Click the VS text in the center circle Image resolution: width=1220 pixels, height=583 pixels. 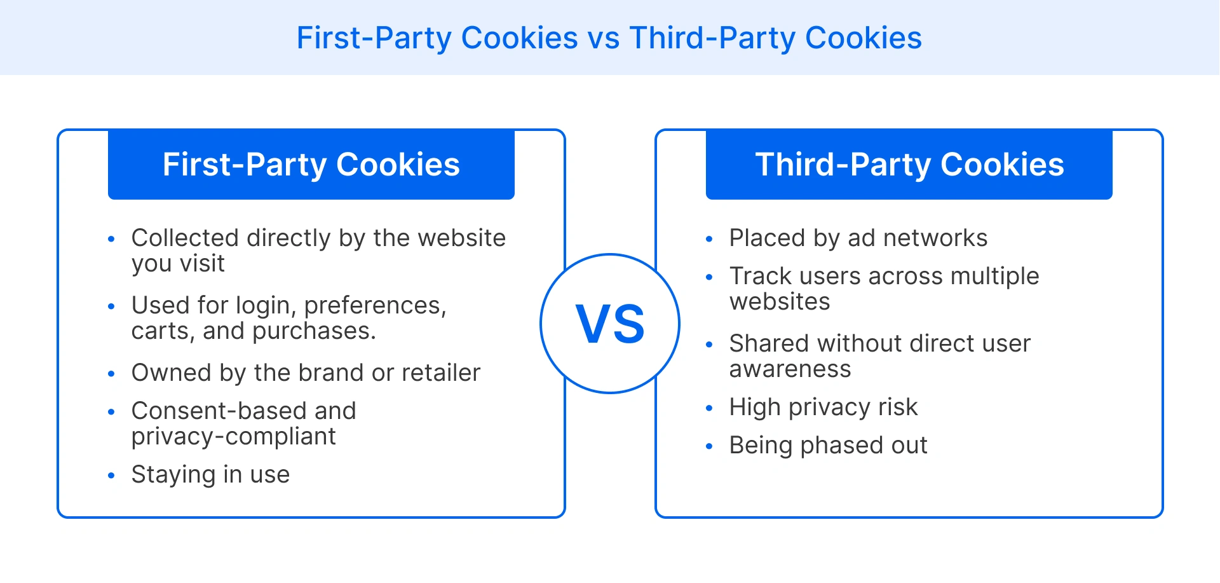point(610,324)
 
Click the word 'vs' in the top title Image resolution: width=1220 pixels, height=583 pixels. point(603,38)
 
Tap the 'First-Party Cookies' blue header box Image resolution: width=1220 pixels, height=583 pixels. point(311,165)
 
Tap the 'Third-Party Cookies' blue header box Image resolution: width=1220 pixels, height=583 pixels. point(909,165)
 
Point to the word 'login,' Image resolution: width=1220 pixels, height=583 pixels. point(266,306)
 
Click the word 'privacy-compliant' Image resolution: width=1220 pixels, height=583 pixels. point(233,437)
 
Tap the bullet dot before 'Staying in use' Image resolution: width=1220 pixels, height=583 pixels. point(111,476)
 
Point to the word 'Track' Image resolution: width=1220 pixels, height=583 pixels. point(761,277)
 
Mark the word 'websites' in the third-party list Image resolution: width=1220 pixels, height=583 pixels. point(780,302)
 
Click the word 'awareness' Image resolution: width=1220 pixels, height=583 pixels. point(790,369)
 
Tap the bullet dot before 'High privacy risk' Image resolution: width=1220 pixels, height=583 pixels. point(709,408)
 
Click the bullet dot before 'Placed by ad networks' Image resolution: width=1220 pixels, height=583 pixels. point(709,239)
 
